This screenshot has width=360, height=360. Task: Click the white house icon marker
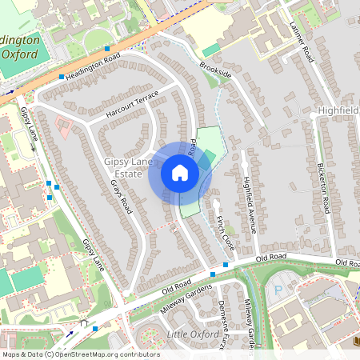coord(180,173)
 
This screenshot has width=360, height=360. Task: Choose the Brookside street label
coord(215,71)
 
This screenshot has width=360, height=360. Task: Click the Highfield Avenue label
coord(248,204)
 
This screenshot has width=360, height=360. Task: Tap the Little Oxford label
coord(192,333)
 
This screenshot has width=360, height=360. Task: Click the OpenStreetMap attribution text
coord(80,354)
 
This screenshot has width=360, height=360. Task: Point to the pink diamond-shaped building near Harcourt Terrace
coord(62,126)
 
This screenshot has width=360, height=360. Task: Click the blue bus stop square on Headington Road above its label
coord(107,49)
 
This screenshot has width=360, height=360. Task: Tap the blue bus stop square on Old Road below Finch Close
coord(226,264)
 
